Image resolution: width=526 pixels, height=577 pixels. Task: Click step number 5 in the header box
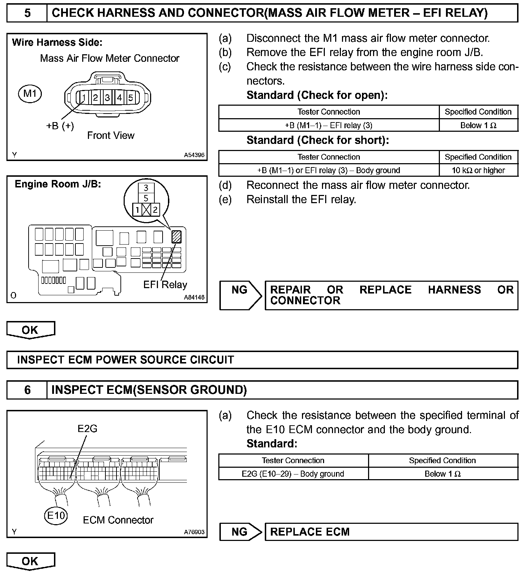click(x=27, y=13)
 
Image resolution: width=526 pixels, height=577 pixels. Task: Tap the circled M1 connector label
click(x=30, y=94)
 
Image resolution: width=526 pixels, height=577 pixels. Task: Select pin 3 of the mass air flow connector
click(x=107, y=97)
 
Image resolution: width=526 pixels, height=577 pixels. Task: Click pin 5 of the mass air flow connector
click(x=130, y=97)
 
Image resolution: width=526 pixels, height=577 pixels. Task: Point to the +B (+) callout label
click(x=60, y=126)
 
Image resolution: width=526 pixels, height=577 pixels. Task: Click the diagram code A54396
click(x=194, y=155)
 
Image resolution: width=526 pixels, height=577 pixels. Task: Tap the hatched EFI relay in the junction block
click(x=177, y=237)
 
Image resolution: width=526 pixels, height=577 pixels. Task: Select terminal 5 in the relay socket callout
click(x=146, y=199)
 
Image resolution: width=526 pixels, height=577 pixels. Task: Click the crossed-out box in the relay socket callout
click(x=146, y=210)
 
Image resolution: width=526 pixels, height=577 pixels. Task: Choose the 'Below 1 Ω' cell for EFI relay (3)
click(x=478, y=125)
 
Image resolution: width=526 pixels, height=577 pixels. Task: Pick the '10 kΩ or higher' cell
click(x=478, y=170)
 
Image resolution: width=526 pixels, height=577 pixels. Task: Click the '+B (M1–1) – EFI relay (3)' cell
click(x=328, y=125)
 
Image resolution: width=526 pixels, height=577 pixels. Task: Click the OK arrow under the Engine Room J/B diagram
click(x=30, y=330)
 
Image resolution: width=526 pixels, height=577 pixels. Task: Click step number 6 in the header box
click(x=27, y=390)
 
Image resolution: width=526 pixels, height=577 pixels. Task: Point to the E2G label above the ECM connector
click(x=88, y=428)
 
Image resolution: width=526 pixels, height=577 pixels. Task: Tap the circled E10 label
click(x=56, y=515)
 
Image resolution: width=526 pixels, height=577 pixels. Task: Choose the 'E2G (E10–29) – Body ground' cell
click(x=293, y=474)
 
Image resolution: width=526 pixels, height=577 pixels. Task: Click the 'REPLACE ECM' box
click(x=391, y=532)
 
